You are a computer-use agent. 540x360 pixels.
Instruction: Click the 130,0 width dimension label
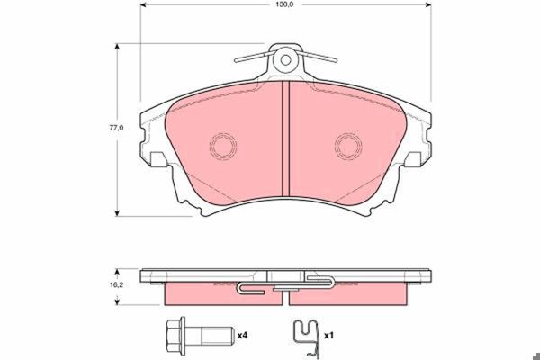pyautogui.click(x=284, y=4)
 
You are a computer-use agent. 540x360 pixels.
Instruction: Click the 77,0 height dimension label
pyautogui.click(x=116, y=128)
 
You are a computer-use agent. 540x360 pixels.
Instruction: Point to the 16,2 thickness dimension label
pyautogui.click(x=116, y=285)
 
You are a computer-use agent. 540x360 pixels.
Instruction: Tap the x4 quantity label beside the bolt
pyautogui.click(x=242, y=335)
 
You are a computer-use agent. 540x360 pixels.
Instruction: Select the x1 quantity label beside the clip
pyautogui.click(x=328, y=335)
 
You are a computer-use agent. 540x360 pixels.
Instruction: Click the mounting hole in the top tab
pyautogui.click(x=285, y=60)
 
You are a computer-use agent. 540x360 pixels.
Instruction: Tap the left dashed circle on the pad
pyautogui.click(x=223, y=146)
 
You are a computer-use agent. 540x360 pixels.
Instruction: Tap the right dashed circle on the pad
pyautogui.click(x=348, y=146)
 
